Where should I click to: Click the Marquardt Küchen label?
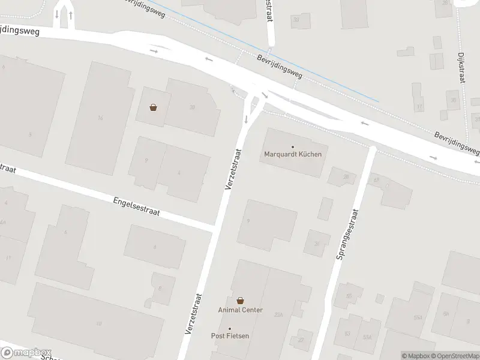pyautogui.click(x=293, y=154)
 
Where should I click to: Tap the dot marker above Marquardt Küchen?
pyautogui.click(x=293, y=147)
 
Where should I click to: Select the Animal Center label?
pyautogui.click(x=240, y=310)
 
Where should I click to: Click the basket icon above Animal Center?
pyautogui.click(x=240, y=301)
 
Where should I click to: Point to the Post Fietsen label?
pyautogui.click(x=230, y=336)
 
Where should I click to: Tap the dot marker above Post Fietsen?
pyautogui.click(x=230, y=328)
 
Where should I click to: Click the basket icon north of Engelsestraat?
pyautogui.click(x=154, y=107)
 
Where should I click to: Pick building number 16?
pyautogui.click(x=100, y=118)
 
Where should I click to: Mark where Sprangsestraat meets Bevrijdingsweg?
pyautogui.click(x=372, y=148)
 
